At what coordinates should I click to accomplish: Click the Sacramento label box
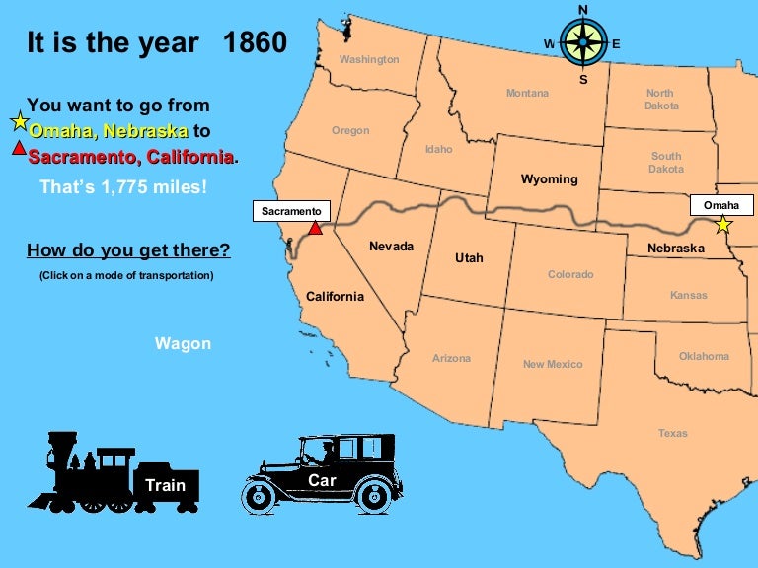point(291,211)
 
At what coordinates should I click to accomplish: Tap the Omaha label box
point(720,205)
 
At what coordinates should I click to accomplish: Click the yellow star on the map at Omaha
point(723,225)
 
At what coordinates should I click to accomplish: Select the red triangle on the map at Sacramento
point(315,228)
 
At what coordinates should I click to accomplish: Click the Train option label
point(165,485)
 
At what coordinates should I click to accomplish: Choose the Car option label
point(322,480)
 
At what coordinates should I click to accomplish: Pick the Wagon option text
point(183,343)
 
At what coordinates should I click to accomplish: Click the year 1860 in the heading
point(255,43)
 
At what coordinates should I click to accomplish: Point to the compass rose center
point(582,43)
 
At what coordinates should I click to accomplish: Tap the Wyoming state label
point(549,179)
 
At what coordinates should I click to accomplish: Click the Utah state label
point(469,257)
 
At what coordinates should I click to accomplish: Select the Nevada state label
point(391,246)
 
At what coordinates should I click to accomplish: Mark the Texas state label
point(673,433)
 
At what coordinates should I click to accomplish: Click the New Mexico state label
point(553,364)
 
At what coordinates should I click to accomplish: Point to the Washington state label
point(369,59)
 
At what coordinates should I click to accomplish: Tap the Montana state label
point(527,93)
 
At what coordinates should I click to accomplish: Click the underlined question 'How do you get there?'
point(128,250)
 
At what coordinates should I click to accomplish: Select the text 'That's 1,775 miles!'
point(123,186)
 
